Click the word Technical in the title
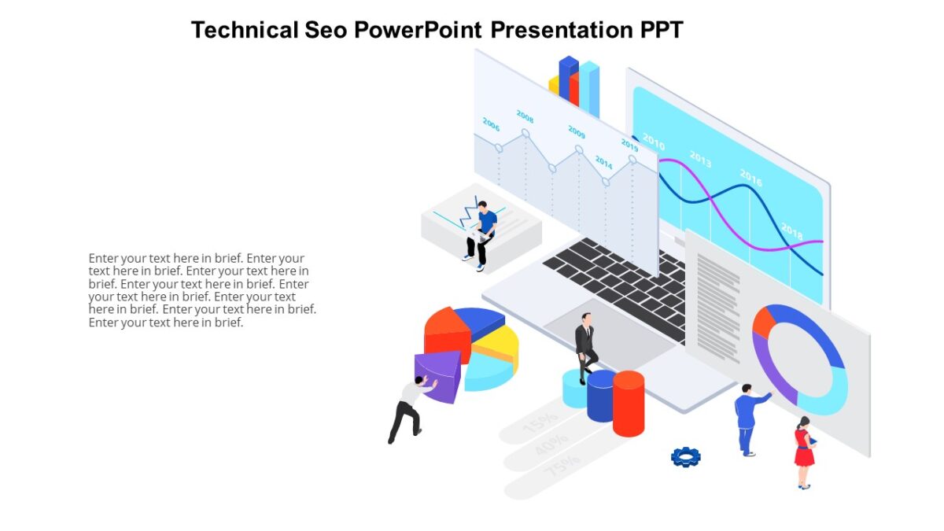click(x=244, y=30)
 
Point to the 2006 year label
click(x=491, y=124)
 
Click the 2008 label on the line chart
click(x=525, y=116)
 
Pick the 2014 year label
click(x=603, y=162)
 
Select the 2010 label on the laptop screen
click(x=654, y=141)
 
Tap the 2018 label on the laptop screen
click(x=791, y=230)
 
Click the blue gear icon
click(x=685, y=456)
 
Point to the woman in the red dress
click(x=804, y=452)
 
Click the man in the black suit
click(x=584, y=347)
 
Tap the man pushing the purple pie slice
click(x=409, y=409)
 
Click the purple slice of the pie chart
click(x=439, y=376)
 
